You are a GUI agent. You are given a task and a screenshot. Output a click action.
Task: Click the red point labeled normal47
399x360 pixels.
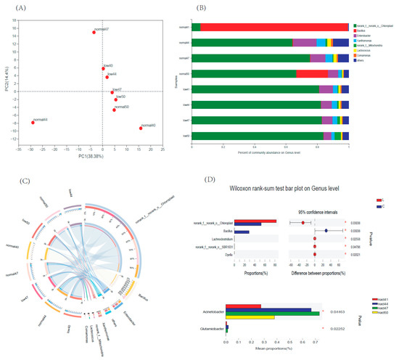pyautogui.click(x=94, y=33)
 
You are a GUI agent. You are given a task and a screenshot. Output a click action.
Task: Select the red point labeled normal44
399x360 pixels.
pyautogui.click(x=33, y=123)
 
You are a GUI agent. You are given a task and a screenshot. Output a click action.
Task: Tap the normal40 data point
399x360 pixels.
pyautogui.click(x=141, y=128)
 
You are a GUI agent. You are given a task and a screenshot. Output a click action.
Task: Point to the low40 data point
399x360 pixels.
pyautogui.click(x=104, y=69)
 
